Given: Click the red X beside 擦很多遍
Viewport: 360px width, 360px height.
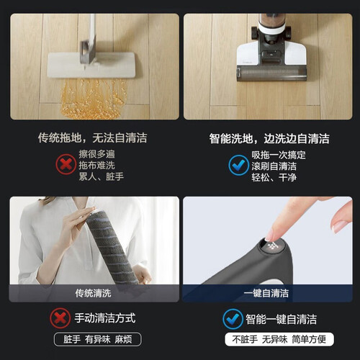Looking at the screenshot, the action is coord(66,165).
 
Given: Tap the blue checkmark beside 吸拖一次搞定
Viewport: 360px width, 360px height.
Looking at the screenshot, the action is coord(238,165).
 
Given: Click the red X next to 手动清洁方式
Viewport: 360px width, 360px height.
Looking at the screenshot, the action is coord(60,318).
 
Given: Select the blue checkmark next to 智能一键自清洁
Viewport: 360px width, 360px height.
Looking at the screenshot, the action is coord(233,319).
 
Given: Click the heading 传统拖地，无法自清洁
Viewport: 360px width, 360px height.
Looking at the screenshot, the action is coord(93,138).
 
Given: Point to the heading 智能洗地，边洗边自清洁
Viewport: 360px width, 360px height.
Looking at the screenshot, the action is coord(269,138).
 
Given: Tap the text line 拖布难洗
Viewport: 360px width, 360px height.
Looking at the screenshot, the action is coord(97,166).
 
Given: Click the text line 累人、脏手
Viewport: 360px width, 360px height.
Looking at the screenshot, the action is coord(102,176).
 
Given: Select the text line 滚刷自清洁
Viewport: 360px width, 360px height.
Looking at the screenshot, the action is coord(274,166).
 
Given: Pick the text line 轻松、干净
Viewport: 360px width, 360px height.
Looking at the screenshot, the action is coord(274,177).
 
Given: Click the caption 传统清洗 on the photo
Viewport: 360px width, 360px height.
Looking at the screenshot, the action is coord(93,293).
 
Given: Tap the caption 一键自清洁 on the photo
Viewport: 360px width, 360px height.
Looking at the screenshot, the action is coord(266,293).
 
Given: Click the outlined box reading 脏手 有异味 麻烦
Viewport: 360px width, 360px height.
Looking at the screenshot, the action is coord(98,339).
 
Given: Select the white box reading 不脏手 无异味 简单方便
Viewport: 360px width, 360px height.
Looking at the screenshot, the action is coord(279,339).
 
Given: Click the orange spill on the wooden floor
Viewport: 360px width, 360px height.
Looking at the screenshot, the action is coord(94,99).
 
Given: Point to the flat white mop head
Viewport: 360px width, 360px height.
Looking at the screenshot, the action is coord(91,65).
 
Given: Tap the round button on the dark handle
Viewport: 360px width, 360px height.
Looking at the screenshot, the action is coord(272,246).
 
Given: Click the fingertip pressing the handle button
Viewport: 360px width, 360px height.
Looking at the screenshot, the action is coord(271,235).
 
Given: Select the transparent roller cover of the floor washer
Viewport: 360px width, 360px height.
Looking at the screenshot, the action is coord(271,73).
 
